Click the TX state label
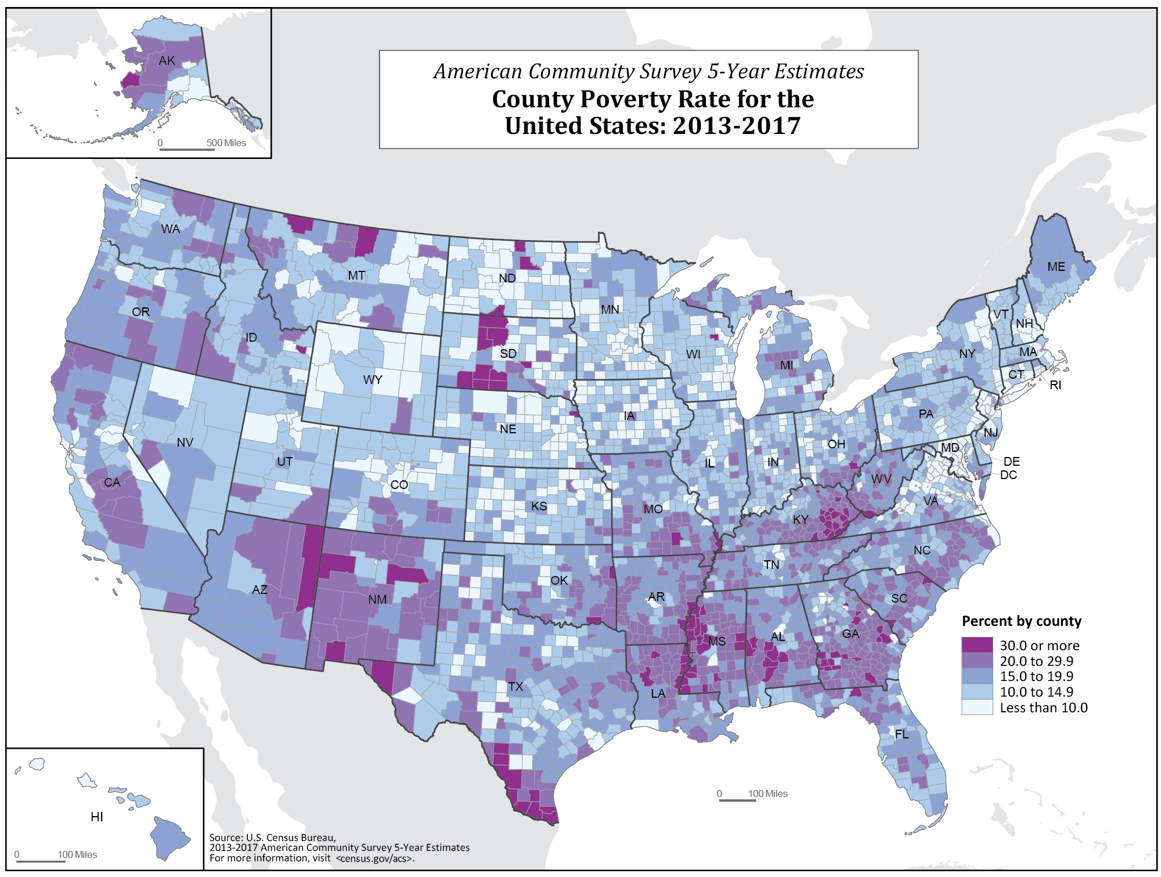point(515,687)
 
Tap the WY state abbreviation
point(372,380)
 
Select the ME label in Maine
point(1056,267)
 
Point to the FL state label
point(902,734)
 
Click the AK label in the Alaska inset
point(167,61)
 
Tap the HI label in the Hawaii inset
point(97,817)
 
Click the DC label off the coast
point(1008,475)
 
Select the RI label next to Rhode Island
point(1055,385)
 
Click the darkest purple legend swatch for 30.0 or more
point(977,646)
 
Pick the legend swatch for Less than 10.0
point(977,708)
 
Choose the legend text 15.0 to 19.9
point(1036,677)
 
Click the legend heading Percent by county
point(1022,622)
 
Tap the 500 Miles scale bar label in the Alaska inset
point(226,143)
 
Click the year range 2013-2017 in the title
point(737,125)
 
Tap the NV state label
point(185,443)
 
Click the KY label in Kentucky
point(801,520)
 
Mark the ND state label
point(507,278)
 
